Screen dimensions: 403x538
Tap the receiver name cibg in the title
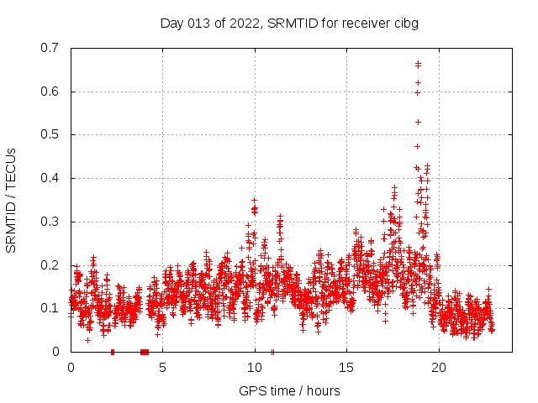[x=404, y=23]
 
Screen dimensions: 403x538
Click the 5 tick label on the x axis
[x=162, y=367]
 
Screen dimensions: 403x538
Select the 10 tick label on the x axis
[x=255, y=367]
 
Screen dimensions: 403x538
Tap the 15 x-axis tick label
[x=346, y=367]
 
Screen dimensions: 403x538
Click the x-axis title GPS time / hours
[x=289, y=390]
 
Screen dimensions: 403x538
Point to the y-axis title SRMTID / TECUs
[x=11, y=200]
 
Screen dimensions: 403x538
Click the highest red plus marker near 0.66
[x=418, y=65]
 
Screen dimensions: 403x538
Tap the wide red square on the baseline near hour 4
[x=145, y=352]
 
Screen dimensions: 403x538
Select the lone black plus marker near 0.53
[x=418, y=122]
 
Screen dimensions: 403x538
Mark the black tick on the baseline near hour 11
[x=272, y=352]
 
